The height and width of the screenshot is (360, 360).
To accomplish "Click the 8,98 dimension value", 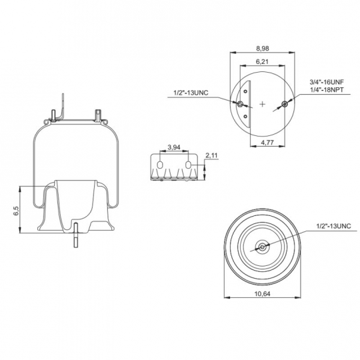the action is click(262, 49).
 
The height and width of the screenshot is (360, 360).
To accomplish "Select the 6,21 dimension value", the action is click(262, 62).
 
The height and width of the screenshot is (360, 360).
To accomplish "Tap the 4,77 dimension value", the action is click(267, 143).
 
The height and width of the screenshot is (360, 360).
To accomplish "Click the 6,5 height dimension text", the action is click(16, 211).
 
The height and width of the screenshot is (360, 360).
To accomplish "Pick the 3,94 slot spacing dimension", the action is click(174, 147).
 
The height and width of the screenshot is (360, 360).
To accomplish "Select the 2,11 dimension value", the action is click(211, 155).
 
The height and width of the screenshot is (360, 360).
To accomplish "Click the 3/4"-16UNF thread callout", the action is click(327, 82).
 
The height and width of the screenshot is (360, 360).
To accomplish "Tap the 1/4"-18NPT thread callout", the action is click(327, 90).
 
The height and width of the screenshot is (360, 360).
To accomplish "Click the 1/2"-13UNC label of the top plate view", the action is click(191, 93).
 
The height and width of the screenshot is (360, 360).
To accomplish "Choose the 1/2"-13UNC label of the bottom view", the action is click(334, 226).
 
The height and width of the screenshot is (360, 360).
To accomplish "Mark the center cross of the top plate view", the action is click(262, 104).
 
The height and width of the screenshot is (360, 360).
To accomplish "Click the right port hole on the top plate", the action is click(285, 104).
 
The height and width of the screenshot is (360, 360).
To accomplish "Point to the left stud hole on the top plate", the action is click(240, 104).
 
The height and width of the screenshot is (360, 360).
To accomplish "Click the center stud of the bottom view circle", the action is click(262, 247).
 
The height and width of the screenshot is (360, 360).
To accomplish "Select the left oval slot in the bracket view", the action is click(160, 165).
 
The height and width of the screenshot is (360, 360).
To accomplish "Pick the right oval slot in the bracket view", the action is click(188, 165).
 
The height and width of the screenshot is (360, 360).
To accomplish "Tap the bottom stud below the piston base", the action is click(76, 235).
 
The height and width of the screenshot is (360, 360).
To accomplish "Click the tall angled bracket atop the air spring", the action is click(61, 107).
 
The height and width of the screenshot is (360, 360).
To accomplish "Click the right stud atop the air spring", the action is click(98, 115).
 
